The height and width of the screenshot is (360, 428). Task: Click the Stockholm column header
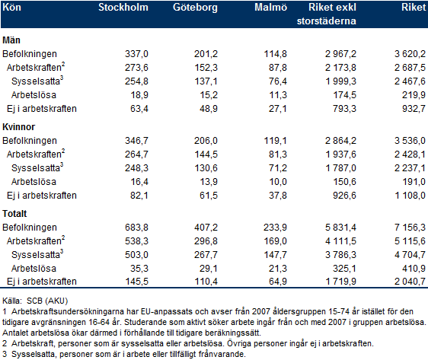tap(123, 8)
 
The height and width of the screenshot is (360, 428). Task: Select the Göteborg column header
tap(195, 8)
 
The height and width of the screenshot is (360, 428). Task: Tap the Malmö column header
tap(270, 8)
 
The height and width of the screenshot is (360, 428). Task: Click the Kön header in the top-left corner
tap(11, 8)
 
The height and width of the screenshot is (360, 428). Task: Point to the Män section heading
tap(11, 40)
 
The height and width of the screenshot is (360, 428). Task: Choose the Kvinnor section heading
tap(19, 127)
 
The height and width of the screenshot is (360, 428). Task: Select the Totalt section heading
tap(14, 214)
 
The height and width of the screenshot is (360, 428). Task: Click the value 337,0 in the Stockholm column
tap(136, 54)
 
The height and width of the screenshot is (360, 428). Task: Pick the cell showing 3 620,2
tap(410, 54)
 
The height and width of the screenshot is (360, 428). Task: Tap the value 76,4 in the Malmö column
tap(278, 81)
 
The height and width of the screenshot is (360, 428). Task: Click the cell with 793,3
tap(344, 109)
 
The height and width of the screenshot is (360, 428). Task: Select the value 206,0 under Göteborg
tap(206, 141)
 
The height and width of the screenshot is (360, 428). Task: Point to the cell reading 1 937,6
tap(341, 155)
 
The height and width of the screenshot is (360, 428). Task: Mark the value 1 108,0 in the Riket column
tap(410, 196)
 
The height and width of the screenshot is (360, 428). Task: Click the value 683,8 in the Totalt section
tap(136, 228)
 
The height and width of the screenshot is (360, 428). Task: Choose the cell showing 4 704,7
tap(410, 255)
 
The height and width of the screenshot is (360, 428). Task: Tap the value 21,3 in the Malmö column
tap(278, 269)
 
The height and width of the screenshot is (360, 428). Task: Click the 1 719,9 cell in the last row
tap(341, 281)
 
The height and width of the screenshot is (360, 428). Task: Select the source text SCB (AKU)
tap(47, 301)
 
